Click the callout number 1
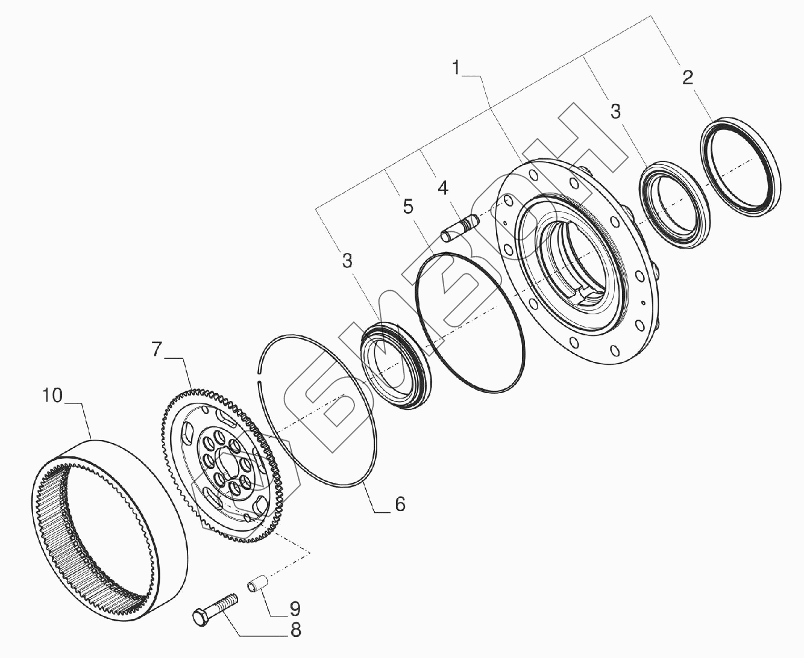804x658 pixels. pyautogui.click(x=456, y=68)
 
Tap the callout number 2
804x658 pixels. pyautogui.click(x=688, y=77)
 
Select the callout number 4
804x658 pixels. pyautogui.click(x=443, y=188)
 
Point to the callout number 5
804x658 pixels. pyautogui.click(x=408, y=206)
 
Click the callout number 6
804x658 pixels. pyautogui.click(x=400, y=504)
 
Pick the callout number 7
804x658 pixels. pyautogui.click(x=157, y=349)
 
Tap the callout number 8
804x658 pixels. pyautogui.click(x=295, y=630)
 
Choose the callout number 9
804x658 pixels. pyautogui.click(x=295, y=609)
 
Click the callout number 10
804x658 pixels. pyautogui.click(x=52, y=396)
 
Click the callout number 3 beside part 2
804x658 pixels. pyautogui.click(x=615, y=111)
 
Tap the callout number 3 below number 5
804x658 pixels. pyautogui.click(x=347, y=261)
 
